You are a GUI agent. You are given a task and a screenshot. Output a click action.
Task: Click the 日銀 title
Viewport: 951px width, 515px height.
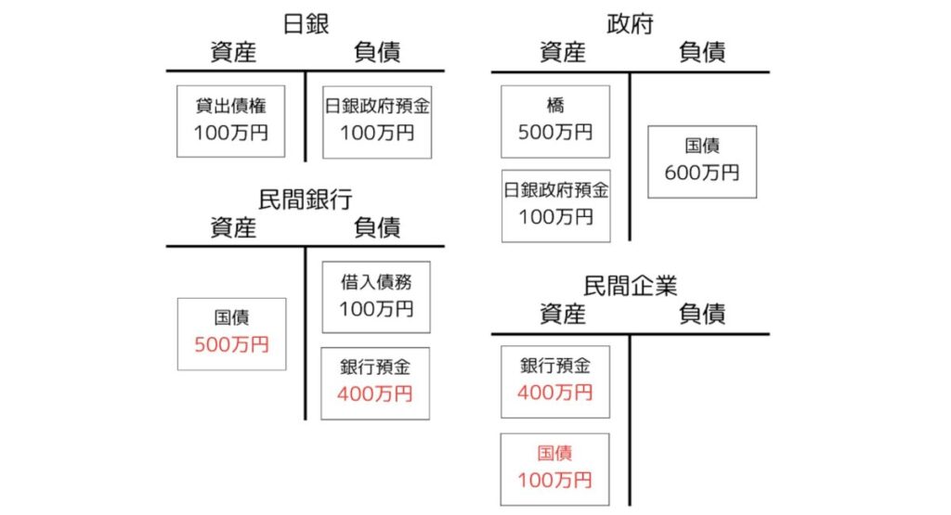pos(306,21)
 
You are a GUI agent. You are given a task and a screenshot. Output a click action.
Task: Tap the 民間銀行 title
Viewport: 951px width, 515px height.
pos(306,198)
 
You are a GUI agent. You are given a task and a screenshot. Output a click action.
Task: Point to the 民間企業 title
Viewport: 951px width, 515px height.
pos(630,285)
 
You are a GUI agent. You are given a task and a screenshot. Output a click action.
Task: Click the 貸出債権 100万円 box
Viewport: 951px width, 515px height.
pos(230,121)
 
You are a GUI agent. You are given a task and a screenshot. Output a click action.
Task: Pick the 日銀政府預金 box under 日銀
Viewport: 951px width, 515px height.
pos(376,121)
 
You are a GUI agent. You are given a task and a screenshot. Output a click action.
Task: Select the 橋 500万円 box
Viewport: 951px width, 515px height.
pos(555,121)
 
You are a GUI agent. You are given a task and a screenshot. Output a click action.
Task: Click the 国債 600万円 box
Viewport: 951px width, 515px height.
pos(702,161)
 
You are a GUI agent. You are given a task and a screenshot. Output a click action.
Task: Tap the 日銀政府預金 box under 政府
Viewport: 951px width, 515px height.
pos(555,205)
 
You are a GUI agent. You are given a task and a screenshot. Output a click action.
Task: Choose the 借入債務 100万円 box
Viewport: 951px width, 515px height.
pos(376,297)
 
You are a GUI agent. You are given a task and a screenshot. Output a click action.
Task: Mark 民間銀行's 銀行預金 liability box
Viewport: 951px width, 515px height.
pos(376,382)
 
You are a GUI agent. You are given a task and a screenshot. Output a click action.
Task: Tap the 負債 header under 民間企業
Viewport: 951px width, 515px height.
pos(702,315)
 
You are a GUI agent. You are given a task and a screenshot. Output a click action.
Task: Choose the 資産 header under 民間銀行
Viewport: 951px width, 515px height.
pos(232,227)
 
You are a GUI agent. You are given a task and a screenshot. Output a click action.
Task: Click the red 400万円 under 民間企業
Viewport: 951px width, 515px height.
pos(555,393)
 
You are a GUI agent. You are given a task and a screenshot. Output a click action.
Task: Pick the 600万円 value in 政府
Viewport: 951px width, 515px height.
pos(702,173)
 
